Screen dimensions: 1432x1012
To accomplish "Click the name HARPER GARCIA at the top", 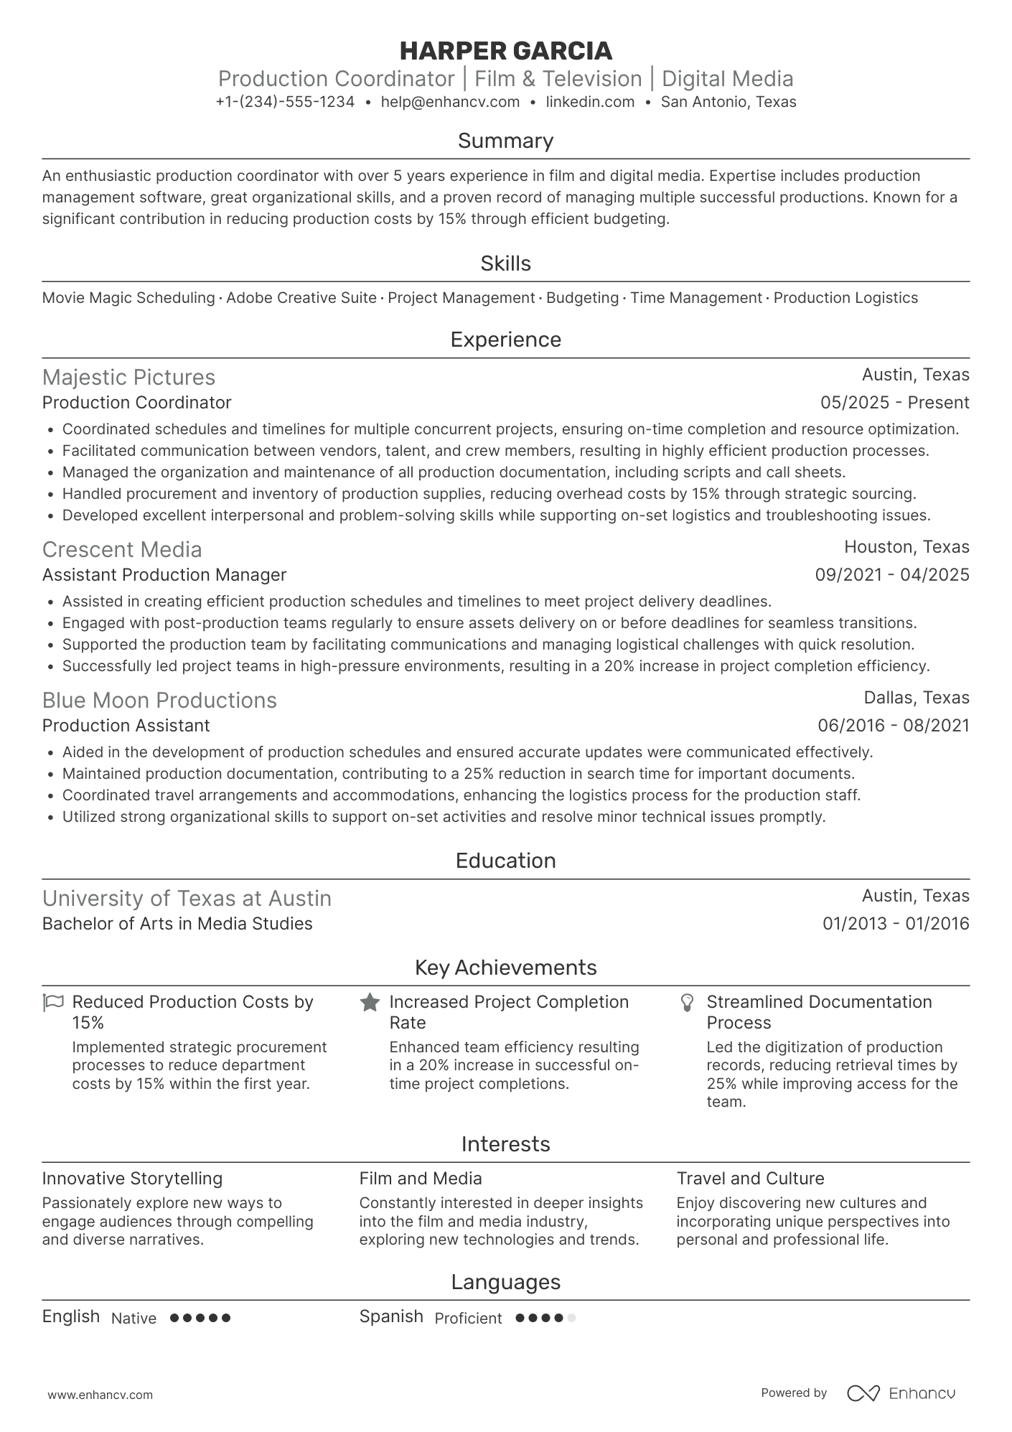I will [505, 51].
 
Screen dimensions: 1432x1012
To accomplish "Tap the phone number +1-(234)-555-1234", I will [285, 102].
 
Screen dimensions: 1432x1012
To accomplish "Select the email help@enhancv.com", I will [450, 102].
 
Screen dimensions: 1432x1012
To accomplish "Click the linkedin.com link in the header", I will [590, 102].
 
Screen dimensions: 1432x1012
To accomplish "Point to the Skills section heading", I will [505, 263].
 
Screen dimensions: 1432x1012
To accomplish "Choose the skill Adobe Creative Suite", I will [301, 298].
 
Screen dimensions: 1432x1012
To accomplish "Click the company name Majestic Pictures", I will [128, 378].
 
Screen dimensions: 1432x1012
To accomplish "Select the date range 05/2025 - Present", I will [894, 403].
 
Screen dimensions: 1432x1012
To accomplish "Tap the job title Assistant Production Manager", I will [164, 575].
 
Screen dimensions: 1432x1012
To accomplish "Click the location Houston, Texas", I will [906, 547].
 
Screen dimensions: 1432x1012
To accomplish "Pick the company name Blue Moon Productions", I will [159, 701].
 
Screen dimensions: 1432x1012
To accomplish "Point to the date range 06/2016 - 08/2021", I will [893, 726].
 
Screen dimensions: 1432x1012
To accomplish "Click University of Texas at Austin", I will [187, 899].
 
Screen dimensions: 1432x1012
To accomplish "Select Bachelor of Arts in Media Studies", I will [177, 924].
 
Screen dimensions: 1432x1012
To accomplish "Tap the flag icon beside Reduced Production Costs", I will [54, 1002].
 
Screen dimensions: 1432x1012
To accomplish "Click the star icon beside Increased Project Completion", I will [370, 1002].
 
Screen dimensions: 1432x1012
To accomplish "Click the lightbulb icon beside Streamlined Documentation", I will [687, 1002].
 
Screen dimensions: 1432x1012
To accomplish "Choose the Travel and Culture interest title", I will [750, 1179].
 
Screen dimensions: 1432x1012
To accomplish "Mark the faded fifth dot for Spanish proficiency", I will [571, 1318].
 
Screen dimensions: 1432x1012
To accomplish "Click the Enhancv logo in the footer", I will [901, 1393].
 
